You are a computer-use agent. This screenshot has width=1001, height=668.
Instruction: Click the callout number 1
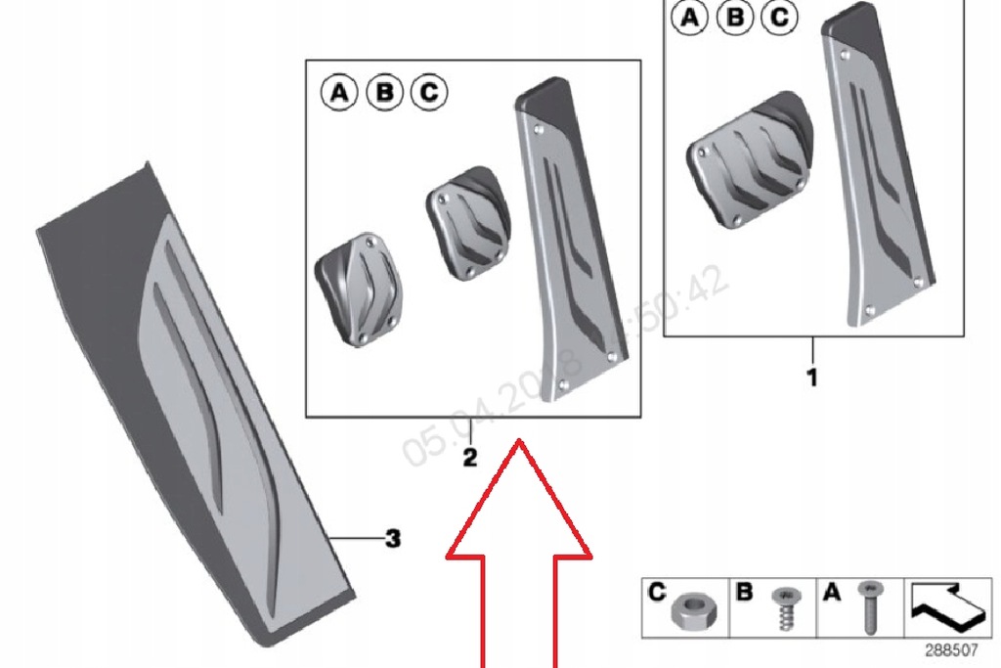811,376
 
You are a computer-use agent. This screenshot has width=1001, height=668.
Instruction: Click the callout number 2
470,457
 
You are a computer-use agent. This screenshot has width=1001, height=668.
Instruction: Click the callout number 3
392,538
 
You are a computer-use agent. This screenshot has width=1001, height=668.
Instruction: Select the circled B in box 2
384,92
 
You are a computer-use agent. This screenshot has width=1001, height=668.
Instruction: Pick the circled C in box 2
428,92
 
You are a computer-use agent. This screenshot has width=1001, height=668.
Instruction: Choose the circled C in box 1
779,18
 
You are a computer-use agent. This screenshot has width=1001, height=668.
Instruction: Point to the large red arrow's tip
519,443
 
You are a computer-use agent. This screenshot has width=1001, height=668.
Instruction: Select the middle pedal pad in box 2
464,226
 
